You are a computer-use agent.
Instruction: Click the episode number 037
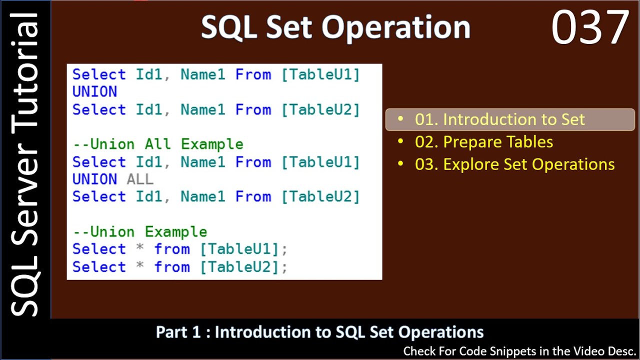click(x=590, y=26)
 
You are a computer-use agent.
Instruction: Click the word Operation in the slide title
click(x=396, y=28)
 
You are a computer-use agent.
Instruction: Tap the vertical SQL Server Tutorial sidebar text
click(x=24, y=164)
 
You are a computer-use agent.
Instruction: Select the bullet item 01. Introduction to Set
click(x=499, y=119)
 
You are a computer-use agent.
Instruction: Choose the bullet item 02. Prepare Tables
click(x=483, y=141)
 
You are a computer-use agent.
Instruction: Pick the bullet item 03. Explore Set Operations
click(x=514, y=164)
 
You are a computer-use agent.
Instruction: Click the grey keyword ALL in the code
click(x=140, y=179)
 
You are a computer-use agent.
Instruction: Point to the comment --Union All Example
click(x=158, y=144)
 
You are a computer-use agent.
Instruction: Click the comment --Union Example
click(x=140, y=231)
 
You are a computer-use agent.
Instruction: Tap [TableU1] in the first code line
click(x=320, y=75)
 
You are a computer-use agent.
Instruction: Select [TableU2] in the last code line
click(x=239, y=267)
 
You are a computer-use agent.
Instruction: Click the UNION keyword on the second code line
click(x=95, y=91)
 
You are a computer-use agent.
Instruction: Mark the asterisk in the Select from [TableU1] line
click(x=139, y=247)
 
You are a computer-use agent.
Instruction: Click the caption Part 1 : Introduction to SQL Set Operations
click(x=319, y=332)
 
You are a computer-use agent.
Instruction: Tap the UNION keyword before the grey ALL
click(x=95, y=179)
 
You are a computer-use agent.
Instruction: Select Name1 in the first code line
click(x=203, y=74)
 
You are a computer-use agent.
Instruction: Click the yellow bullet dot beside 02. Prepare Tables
click(x=400, y=141)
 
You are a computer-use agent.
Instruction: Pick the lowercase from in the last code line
click(x=172, y=267)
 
